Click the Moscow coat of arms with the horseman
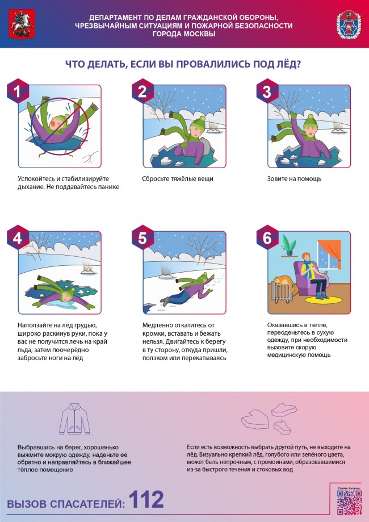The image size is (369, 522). pos(22,24)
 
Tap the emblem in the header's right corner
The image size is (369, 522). pos(349,24)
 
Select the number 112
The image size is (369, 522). pos(146,499)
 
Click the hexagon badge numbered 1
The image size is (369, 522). pos(18,91)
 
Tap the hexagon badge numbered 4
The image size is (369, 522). pos(18,237)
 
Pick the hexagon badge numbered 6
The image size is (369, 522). pos(267,237)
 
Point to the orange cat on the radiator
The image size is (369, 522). pos(283,282)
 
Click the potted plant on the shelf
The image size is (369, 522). pos(288,245)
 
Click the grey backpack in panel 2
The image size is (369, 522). pos(205,146)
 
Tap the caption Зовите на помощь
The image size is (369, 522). pos(294,179)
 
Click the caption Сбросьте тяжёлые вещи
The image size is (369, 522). pos(178,179)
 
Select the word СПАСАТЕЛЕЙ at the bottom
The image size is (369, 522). pos(87,504)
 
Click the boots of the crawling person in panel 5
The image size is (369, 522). pos(165,301)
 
